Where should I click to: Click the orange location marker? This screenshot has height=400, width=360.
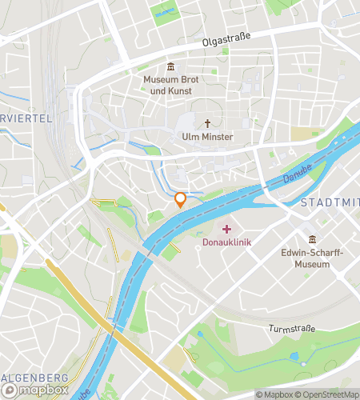click(181, 200)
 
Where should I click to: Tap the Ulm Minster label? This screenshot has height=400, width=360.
click(206, 138)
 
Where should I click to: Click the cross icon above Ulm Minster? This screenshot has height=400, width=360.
click(208, 123)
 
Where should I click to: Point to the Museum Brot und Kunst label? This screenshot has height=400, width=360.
click(170, 86)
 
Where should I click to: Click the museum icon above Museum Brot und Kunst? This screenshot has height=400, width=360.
click(170, 66)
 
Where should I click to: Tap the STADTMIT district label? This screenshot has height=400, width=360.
click(329, 203)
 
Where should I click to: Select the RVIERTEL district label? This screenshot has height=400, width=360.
click(26, 118)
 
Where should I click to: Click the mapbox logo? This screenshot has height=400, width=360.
click(34, 390)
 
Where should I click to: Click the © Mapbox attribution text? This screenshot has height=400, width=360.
click(272, 394)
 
